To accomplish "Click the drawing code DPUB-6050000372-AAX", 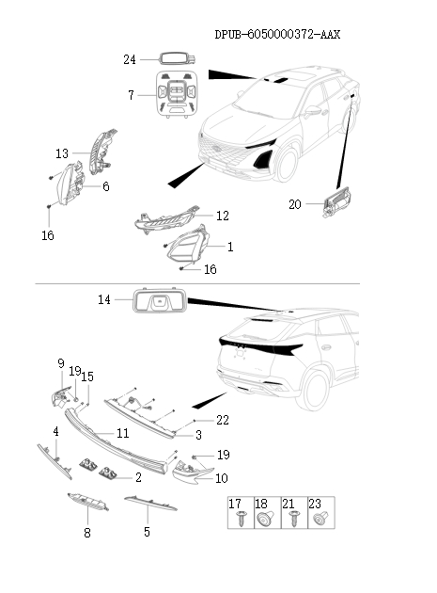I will (277, 34).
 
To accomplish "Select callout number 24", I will (131, 59).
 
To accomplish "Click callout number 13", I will (62, 152).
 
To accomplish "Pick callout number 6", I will (105, 186).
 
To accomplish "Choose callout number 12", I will (222, 216).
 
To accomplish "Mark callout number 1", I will (230, 247).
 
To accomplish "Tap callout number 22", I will (223, 419).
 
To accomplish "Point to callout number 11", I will (122, 433).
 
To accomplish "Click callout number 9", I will (60, 363).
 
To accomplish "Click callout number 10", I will (223, 478).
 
